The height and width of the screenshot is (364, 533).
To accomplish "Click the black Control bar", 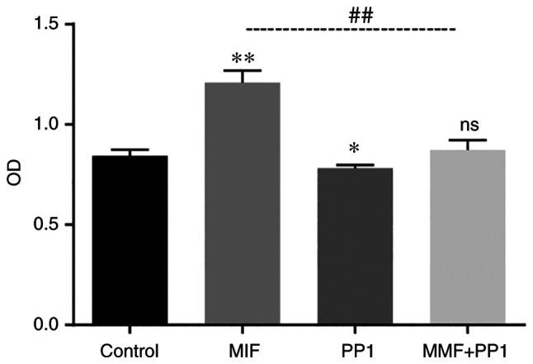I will click(130, 240).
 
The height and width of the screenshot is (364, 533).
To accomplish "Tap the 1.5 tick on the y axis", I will click(51, 25).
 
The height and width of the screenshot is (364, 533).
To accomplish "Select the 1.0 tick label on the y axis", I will click(51, 125).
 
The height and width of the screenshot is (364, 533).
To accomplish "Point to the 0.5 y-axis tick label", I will click(51, 225).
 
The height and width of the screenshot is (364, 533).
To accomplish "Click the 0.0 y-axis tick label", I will click(51, 325).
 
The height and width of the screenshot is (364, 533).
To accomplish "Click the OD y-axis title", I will click(13, 174).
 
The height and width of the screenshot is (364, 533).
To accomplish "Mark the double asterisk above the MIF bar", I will click(243, 59).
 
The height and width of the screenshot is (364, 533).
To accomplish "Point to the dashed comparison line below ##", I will click(351, 30).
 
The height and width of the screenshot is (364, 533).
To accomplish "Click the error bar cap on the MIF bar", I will click(243, 71).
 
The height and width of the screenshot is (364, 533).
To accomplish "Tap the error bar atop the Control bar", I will click(130, 150).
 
